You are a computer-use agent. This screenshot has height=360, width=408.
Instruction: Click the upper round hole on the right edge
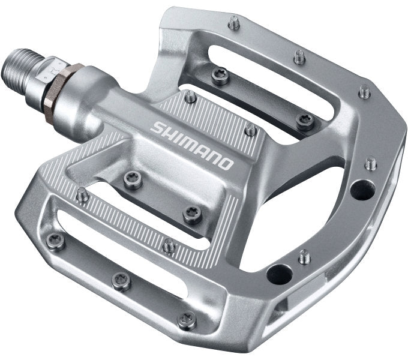(362, 190)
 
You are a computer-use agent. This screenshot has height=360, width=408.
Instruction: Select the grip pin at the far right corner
(364, 91)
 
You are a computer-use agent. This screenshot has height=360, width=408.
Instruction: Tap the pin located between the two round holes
(305, 256)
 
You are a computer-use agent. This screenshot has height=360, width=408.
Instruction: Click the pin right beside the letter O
(251, 129)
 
